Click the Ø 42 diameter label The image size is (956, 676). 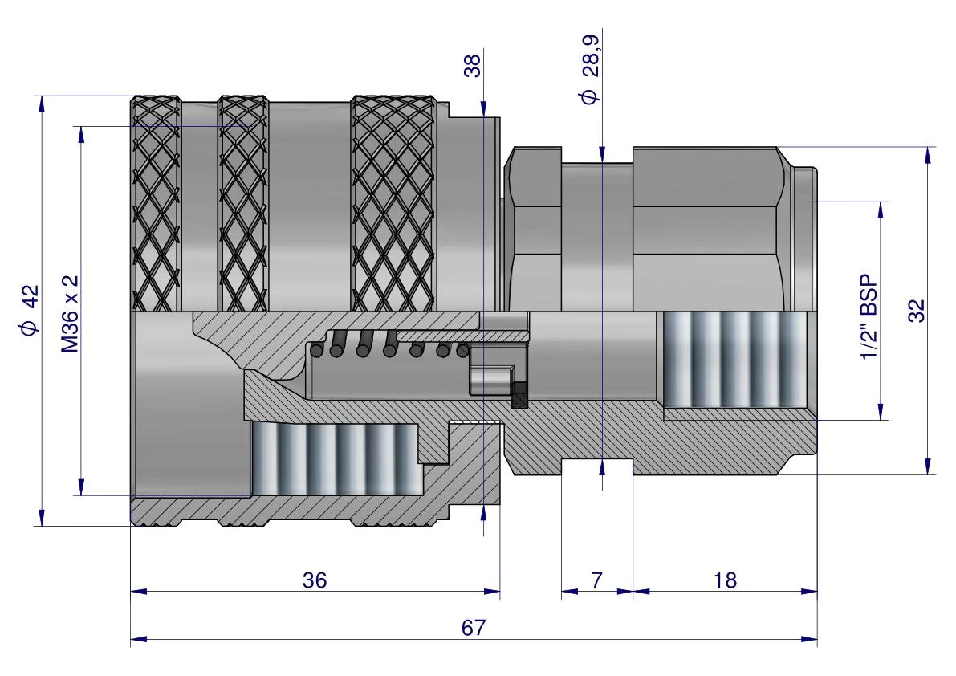(30, 310)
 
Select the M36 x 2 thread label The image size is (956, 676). (71, 313)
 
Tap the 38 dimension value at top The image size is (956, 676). (473, 66)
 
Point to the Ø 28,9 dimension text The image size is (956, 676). (591, 70)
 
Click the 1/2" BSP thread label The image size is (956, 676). (869, 317)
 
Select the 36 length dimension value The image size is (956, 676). (315, 580)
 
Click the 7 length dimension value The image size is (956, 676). (596, 580)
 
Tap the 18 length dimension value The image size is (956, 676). (725, 580)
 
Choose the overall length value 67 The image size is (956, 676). (473, 628)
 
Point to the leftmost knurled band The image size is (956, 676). (157, 204)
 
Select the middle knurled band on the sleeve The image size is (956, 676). (243, 204)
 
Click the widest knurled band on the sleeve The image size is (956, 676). (393, 204)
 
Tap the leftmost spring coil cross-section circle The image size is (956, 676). (316, 351)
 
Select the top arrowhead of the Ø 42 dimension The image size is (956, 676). (42, 104)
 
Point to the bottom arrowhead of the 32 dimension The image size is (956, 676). (928, 466)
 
